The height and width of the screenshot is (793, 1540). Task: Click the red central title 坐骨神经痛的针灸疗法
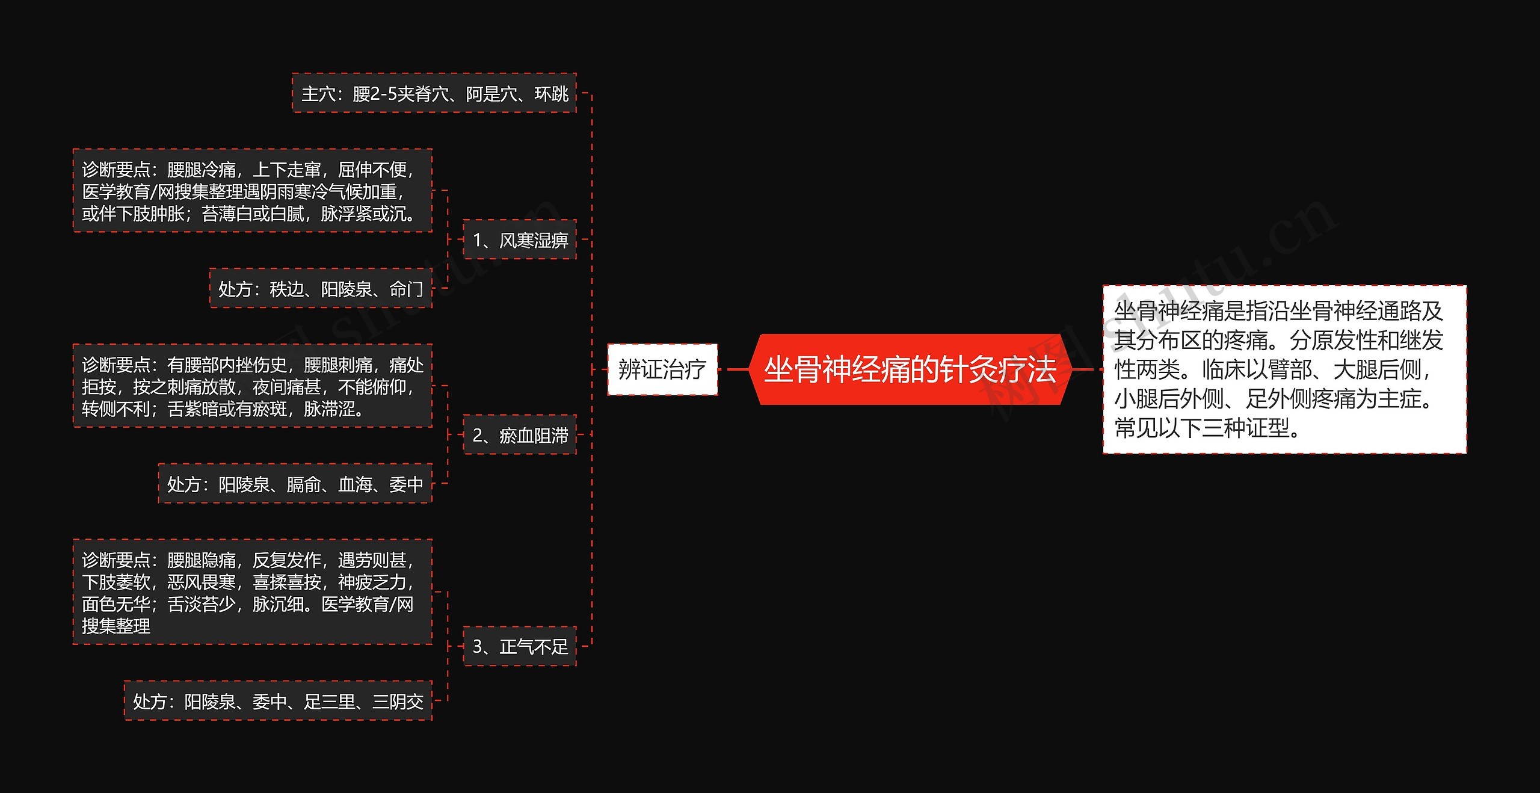(910, 369)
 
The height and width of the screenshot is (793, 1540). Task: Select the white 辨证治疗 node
(662, 369)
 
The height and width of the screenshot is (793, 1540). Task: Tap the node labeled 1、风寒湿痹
(520, 240)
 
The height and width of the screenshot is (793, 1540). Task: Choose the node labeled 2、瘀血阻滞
(520, 435)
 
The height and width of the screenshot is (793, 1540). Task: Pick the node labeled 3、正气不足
(520, 646)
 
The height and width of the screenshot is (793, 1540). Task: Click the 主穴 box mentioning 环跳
(434, 94)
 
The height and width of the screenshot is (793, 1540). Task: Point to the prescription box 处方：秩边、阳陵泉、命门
(321, 289)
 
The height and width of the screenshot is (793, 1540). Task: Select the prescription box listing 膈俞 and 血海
(295, 484)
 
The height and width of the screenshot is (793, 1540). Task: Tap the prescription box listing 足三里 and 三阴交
(278, 701)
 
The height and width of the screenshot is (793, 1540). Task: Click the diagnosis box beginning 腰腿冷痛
(252, 191)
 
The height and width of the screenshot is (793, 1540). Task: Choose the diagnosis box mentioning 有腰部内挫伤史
(252, 386)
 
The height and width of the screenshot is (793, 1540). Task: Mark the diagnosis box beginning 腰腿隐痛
(252, 593)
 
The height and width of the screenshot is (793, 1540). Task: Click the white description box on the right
(1284, 369)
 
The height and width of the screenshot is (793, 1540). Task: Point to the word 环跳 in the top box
(552, 94)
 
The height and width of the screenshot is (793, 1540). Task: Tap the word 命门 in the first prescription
(407, 289)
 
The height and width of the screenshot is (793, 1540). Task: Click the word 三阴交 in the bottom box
(398, 702)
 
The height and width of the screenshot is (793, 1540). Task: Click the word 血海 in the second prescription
(355, 484)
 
